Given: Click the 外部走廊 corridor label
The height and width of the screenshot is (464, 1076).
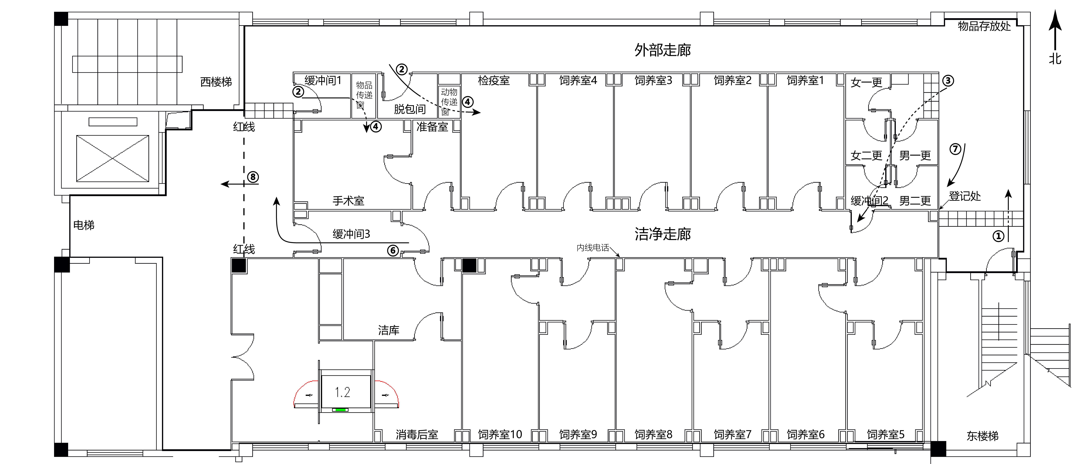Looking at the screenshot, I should pos(663,50).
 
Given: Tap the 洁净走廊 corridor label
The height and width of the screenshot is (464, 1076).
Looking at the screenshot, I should pos(663,234).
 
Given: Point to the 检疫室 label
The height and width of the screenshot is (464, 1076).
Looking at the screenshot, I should pos(494,80).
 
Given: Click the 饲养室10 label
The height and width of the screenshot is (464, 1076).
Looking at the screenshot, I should pos(500,435).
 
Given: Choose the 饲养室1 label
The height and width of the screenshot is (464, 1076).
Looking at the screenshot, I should pos(805,80).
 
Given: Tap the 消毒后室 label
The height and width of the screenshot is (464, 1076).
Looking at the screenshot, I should pos(417,435).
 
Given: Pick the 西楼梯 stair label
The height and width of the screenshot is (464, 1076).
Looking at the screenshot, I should pos(216,82).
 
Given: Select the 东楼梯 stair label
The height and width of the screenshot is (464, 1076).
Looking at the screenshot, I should pos(982,436).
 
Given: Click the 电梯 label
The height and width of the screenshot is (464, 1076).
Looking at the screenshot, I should pos(83,225).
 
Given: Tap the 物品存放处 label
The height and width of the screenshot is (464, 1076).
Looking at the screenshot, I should pos(984,26).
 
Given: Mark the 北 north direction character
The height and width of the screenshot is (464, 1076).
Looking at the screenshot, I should pos(1055,58).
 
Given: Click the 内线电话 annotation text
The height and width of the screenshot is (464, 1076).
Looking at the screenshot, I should pos(593,248).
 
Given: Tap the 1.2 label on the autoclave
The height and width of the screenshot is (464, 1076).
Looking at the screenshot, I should pos(343,392).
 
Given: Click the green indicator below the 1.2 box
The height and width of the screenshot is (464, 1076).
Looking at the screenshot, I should pos(340,410).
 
